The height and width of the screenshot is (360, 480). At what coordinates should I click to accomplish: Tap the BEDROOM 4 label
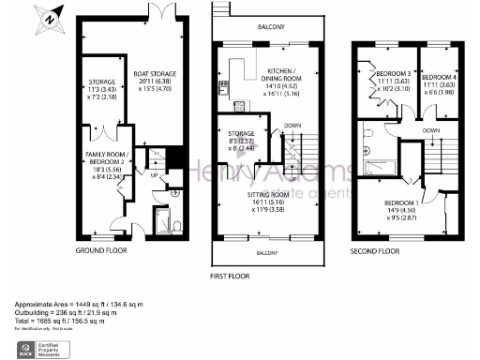coord(436,79)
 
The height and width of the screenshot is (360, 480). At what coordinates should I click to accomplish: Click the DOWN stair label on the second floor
coord(430,130)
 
